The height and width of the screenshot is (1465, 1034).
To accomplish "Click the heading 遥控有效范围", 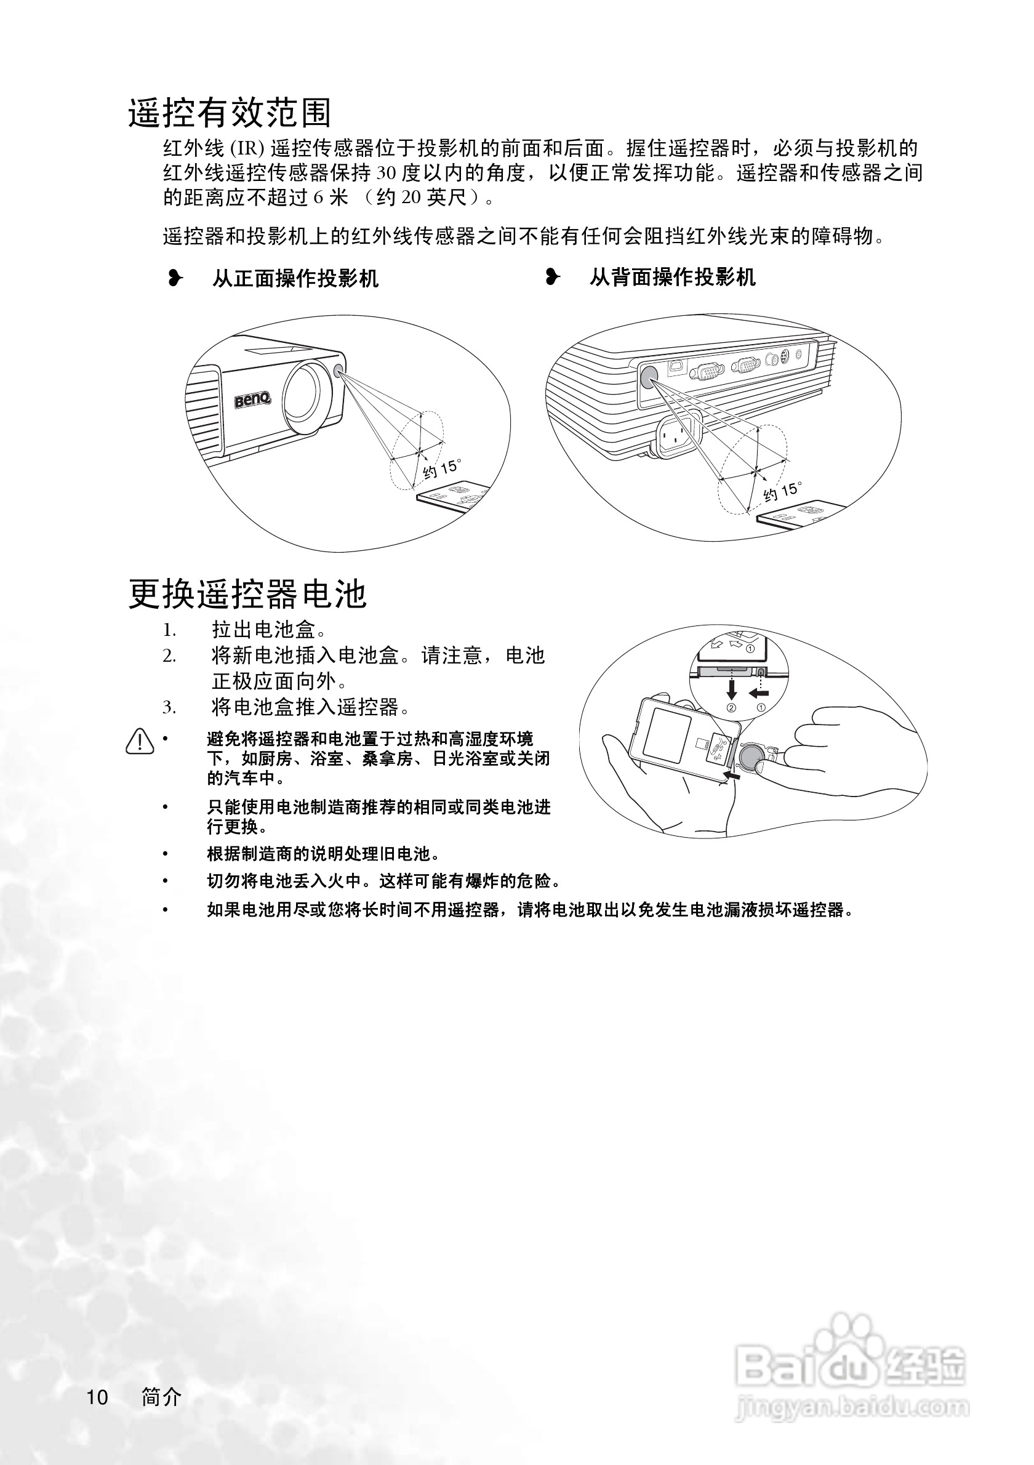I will [x=230, y=114].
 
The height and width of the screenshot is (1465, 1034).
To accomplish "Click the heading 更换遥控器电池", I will [x=247, y=594].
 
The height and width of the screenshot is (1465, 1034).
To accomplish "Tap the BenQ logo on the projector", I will [x=252, y=401].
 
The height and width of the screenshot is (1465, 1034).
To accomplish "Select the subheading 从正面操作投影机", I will [x=295, y=279].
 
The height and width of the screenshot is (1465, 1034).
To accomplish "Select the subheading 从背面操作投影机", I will [x=671, y=278].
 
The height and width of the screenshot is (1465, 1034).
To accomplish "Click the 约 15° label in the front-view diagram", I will [x=441, y=469].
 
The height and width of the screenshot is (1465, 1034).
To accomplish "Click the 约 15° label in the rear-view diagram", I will [x=782, y=491].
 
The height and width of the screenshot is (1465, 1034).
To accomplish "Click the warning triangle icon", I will [x=140, y=742].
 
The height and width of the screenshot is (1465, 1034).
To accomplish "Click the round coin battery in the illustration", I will [x=752, y=758].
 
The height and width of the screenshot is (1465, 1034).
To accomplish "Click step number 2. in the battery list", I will [x=169, y=656].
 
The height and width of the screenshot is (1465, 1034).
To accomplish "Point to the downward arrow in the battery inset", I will [x=732, y=688].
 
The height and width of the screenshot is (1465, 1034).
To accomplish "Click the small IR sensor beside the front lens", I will [x=339, y=370].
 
